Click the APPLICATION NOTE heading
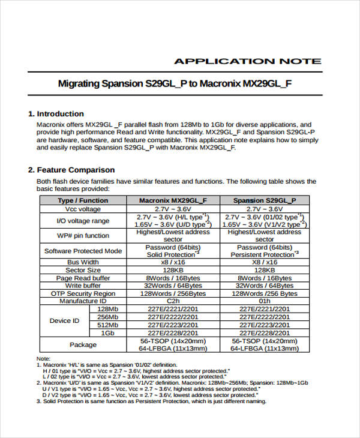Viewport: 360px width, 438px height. point(247,61)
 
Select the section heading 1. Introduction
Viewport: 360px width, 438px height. point(56,113)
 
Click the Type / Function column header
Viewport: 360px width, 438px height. point(83,200)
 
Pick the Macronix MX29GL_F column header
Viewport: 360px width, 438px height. point(173,200)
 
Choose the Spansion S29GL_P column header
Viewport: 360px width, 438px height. point(264,200)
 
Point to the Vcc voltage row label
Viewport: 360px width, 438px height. point(83,209)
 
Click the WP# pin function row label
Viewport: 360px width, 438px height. point(83,235)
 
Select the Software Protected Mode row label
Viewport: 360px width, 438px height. point(83,251)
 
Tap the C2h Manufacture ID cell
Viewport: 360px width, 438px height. point(173,301)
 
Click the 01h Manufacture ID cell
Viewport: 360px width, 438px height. point(265,301)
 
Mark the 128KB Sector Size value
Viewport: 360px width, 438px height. point(173,270)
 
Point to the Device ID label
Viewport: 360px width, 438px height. point(64,320)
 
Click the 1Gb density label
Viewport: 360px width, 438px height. point(107,332)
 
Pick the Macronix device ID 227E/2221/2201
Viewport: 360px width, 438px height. point(173,309)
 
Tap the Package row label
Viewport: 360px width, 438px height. point(83,344)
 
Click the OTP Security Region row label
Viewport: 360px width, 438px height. point(83,293)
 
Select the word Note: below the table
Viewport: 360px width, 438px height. point(44,358)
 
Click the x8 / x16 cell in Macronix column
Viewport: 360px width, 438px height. point(173,262)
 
